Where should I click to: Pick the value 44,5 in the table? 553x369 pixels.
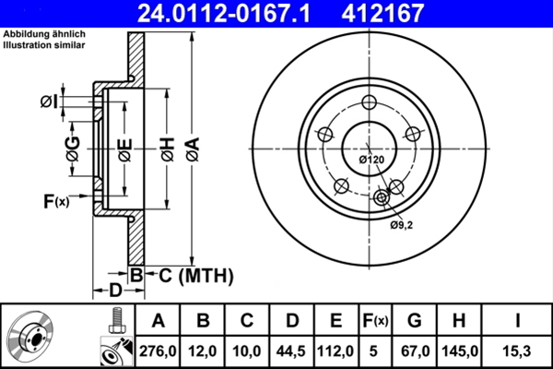click(292, 351)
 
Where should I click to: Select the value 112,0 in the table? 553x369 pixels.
click(335, 351)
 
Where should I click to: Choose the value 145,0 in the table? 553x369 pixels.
click(458, 351)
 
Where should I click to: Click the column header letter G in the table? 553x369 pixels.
click(415, 320)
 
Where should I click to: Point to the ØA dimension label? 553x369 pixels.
click(191, 148)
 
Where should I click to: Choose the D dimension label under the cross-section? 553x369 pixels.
click(115, 291)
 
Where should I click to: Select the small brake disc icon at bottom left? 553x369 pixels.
click(32, 336)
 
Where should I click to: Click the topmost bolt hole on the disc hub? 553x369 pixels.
click(371, 102)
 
